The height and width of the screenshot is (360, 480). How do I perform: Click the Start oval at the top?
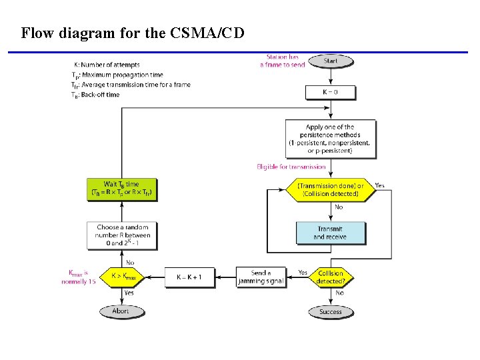(x=331, y=61)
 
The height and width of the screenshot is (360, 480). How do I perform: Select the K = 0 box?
(x=331, y=91)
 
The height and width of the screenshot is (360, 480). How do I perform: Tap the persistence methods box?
(x=329, y=138)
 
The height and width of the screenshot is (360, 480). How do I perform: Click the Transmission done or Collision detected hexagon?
(x=331, y=189)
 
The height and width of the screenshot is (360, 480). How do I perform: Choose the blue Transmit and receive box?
(x=331, y=233)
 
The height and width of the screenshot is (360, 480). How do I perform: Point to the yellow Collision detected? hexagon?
(x=331, y=277)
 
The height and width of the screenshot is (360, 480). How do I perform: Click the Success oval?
(x=331, y=311)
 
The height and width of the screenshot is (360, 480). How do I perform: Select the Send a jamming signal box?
(x=261, y=277)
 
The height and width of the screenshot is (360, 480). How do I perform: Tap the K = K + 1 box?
(x=189, y=277)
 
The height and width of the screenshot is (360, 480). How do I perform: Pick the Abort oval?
(x=121, y=311)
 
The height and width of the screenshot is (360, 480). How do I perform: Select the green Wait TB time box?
(x=121, y=189)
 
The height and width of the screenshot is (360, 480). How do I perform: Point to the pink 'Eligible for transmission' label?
(x=291, y=167)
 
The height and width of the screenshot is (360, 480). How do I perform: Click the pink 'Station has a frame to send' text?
(x=283, y=61)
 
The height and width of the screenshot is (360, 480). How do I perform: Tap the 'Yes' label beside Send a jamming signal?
(x=303, y=272)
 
